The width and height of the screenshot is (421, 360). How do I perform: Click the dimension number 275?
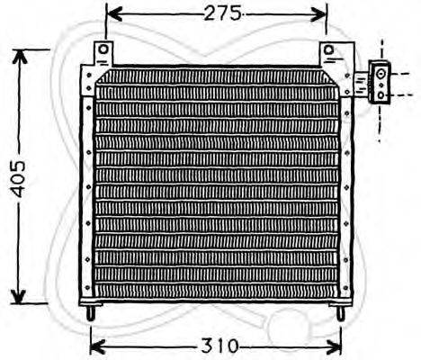point(217,13)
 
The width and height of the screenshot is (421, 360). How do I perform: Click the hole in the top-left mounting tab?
point(104,49)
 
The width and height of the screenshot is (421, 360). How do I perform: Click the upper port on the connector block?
point(381,72)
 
